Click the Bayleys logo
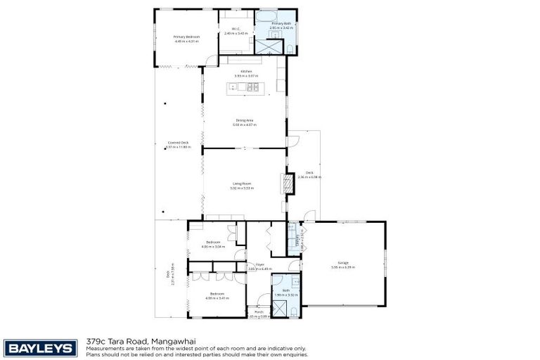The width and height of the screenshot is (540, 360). (x=41, y=347)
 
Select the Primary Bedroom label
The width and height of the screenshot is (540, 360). (x=187, y=37)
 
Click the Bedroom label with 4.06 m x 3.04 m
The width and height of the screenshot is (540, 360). (x=214, y=243)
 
